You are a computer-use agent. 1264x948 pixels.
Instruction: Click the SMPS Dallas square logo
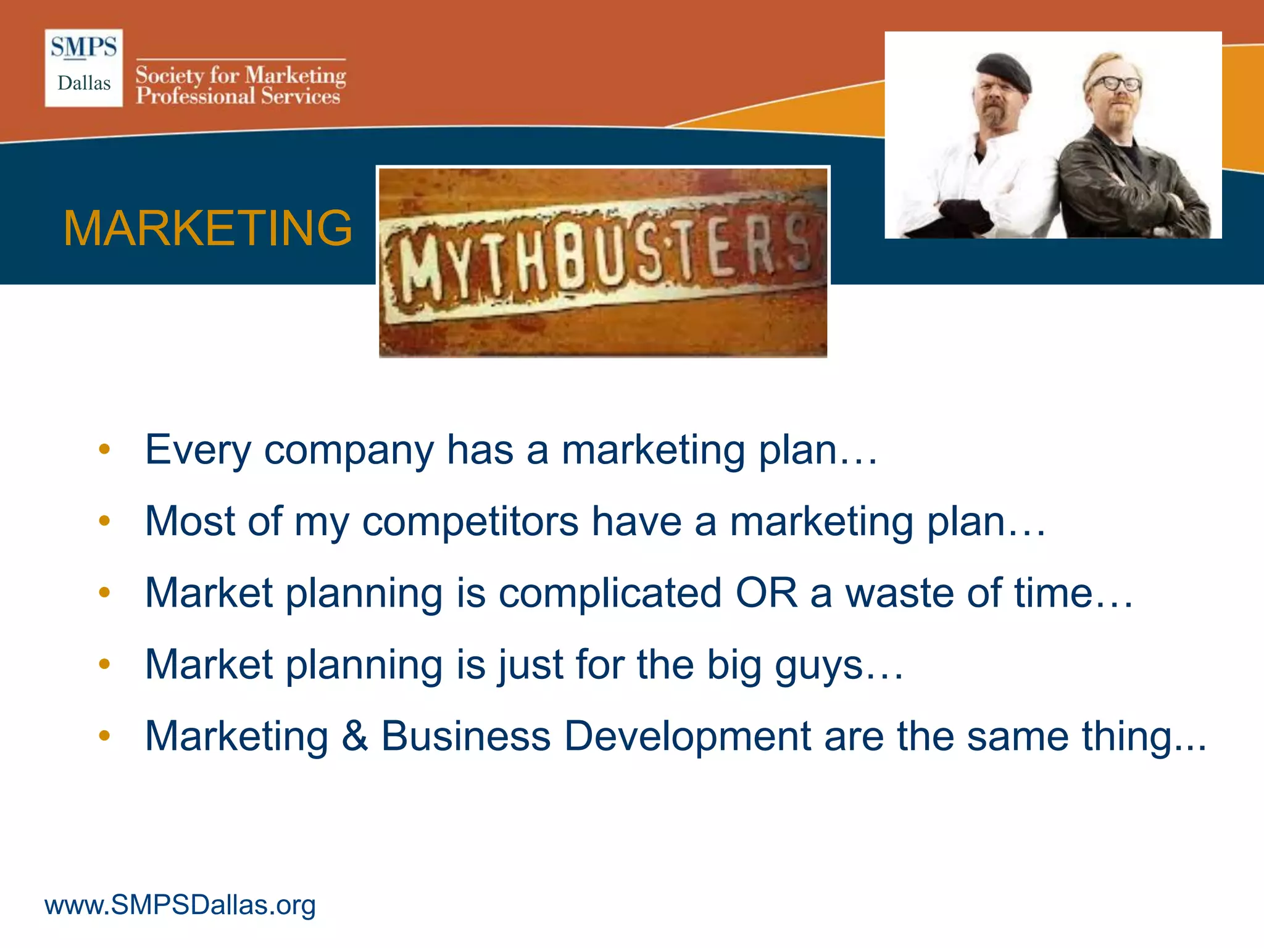pyautogui.click(x=84, y=68)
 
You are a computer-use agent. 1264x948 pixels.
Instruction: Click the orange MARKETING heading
pyautogui.click(x=207, y=228)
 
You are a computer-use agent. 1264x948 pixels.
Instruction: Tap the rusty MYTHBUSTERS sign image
pyautogui.click(x=602, y=262)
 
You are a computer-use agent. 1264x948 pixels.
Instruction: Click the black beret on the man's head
pyautogui.click(x=1004, y=71)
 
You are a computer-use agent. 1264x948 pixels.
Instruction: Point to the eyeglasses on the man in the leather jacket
pyautogui.click(x=1115, y=83)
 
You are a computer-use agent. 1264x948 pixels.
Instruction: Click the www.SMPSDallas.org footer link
pyautogui.click(x=180, y=905)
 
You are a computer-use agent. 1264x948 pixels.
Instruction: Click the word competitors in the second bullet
pyautogui.click(x=470, y=522)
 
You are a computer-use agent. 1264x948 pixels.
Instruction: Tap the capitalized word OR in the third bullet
pyautogui.click(x=766, y=593)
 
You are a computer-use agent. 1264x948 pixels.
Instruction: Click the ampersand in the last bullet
pyautogui.click(x=355, y=736)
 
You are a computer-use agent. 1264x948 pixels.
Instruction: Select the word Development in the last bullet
pyautogui.click(x=687, y=736)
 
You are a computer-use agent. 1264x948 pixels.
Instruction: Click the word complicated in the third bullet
pyautogui.click(x=610, y=593)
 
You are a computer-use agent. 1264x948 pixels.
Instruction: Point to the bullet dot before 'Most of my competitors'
pyautogui.click(x=104, y=521)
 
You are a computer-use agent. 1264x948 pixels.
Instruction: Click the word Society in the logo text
pyautogui.click(x=170, y=75)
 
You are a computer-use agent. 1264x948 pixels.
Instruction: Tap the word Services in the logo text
pyautogui.click(x=300, y=96)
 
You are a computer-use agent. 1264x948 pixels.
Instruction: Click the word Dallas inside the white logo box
pyautogui.click(x=84, y=83)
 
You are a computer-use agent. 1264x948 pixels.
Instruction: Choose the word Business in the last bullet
pyautogui.click(x=465, y=736)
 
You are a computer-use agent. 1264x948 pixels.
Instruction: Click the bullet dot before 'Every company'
pyautogui.click(x=104, y=449)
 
